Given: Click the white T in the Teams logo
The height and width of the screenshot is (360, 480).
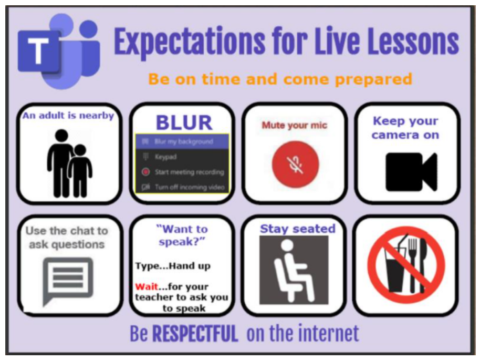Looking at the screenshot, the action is tap(38, 51).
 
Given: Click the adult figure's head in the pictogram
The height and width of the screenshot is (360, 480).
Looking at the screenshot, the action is tap(61, 136).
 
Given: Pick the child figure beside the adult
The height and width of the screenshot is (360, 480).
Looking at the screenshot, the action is tap(80, 170).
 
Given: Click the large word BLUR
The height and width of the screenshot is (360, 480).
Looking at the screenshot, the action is tap(184, 123).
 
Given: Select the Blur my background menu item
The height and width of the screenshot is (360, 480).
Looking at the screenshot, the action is tap(182, 141).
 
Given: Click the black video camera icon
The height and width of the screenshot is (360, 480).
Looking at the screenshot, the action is tap(411, 172).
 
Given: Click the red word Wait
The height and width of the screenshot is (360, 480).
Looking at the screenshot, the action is tap(147, 287).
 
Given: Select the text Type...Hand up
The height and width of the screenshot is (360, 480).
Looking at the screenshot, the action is tap(173, 266).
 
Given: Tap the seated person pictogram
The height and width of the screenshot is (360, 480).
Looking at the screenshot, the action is tap(294, 270).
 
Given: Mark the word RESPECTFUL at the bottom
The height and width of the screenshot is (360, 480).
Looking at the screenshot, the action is tap(195, 334).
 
